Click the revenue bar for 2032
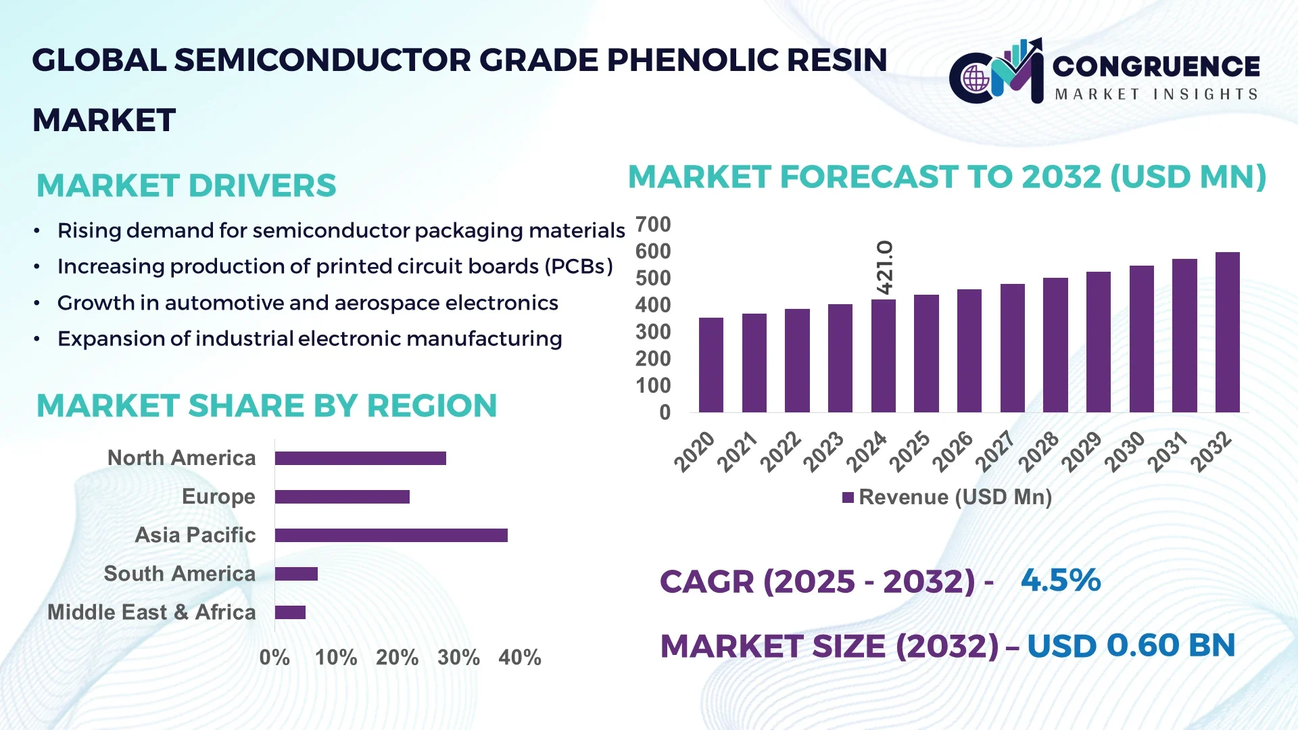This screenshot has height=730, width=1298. pos(1227,333)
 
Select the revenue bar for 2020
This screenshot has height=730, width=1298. pos(711,365)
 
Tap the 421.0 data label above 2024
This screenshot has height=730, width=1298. pos(884,267)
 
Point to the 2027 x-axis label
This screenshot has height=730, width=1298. pos(996,451)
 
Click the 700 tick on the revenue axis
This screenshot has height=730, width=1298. pos(653,224)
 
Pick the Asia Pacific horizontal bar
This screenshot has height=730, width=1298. pos(391,535)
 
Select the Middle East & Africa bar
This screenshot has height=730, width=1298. pos(290,612)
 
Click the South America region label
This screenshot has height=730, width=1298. pos(180,574)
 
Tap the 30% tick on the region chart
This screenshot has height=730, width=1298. pos(458,657)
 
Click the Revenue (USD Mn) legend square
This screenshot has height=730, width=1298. pos(848,497)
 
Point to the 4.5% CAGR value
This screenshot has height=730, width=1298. pos(1061,580)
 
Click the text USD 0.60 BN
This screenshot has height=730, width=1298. pos(1130,646)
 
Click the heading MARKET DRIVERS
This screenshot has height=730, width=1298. pos(186,186)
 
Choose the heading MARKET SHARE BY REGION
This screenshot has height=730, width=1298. pos(266,406)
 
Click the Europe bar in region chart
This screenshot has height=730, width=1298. pos(342,497)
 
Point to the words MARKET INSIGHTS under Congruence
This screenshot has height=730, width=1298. pos(1156,95)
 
